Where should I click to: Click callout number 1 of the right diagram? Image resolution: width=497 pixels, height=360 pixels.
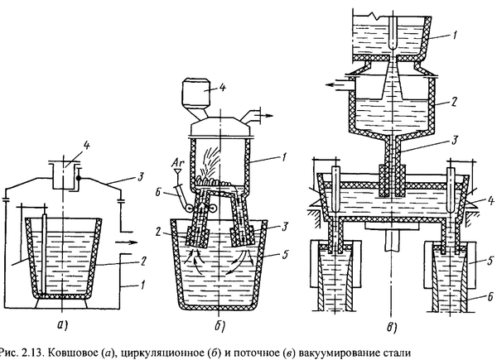455,36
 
